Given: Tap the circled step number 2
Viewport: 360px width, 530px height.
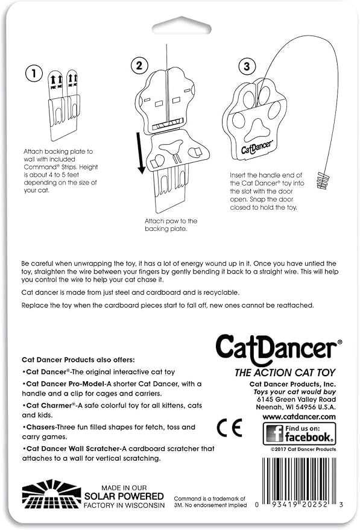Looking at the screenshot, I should pyautogui.click(x=139, y=65).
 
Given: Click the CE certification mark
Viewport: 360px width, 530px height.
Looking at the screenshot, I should pyautogui.click(x=229, y=427).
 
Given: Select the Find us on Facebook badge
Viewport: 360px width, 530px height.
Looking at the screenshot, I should pyautogui.click(x=299, y=432).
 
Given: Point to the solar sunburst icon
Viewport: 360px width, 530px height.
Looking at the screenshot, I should pyautogui.click(x=51, y=493).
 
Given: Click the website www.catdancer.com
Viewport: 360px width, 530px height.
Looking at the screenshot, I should pyautogui.click(x=299, y=417).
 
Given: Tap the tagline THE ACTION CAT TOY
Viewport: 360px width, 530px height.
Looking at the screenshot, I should pyautogui.click(x=285, y=373).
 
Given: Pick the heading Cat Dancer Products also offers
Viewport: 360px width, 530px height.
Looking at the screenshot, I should pyautogui.click(x=74, y=359).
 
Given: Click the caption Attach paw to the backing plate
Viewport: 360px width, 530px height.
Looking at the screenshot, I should pyautogui.click(x=171, y=225).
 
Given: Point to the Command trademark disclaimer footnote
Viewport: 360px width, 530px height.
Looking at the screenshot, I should pyautogui.click(x=202, y=502).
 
